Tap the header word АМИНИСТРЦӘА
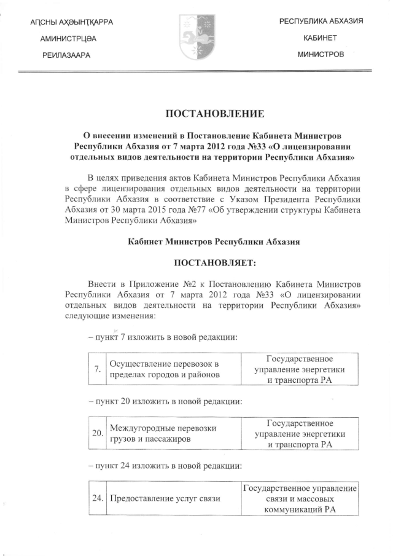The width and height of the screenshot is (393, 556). (68, 39)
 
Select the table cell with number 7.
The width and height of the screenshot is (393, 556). (97, 369)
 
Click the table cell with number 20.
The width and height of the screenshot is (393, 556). (97, 434)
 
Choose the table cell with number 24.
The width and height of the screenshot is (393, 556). (97, 498)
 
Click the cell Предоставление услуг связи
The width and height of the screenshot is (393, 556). (165, 498)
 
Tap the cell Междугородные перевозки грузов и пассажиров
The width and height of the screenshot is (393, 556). (165, 434)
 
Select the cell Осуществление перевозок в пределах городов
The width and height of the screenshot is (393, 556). (165, 369)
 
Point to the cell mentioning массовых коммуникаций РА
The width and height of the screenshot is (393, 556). (300, 498)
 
